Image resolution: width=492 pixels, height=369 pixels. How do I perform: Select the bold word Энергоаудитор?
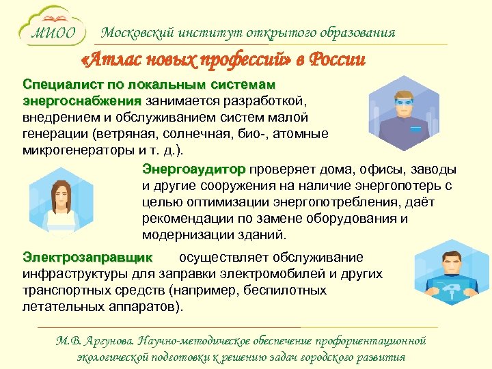pos(193,169)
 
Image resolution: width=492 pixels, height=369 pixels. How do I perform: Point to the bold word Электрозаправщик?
pos(87,258)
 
